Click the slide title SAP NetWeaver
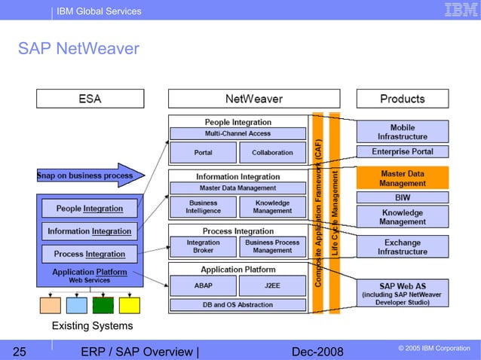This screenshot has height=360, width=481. pyautogui.click(x=78, y=49)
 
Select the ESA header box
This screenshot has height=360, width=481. pyautogui.click(x=90, y=99)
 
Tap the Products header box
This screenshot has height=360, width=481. pyautogui.click(x=402, y=99)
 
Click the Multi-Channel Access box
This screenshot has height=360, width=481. pyautogui.click(x=237, y=133)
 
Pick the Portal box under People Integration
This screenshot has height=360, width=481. pyautogui.click(x=202, y=152)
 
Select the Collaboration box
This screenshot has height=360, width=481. pyautogui.click(x=272, y=152)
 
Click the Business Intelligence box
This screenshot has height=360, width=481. pyautogui.click(x=202, y=206)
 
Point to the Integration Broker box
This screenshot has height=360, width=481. pyautogui.click(x=202, y=246)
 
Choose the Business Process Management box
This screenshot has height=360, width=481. pyautogui.click(x=272, y=246)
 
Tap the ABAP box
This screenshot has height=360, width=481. pyautogui.click(x=202, y=285)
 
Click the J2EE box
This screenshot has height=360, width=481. pyautogui.click(x=272, y=285)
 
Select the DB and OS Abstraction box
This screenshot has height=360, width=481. pyautogui.click(x=237, y=305)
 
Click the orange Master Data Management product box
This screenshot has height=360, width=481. pyautogui.click(x=402, y=178)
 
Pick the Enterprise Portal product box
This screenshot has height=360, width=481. pyautogui.click(x=402, y=152)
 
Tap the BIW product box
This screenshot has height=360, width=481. pyautogui.click(x=402, y=197)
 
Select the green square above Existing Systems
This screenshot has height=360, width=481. pyautogui.click(x=103, y=305)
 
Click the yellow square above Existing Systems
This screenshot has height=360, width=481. pyautogui.click(x=129, y=305)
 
